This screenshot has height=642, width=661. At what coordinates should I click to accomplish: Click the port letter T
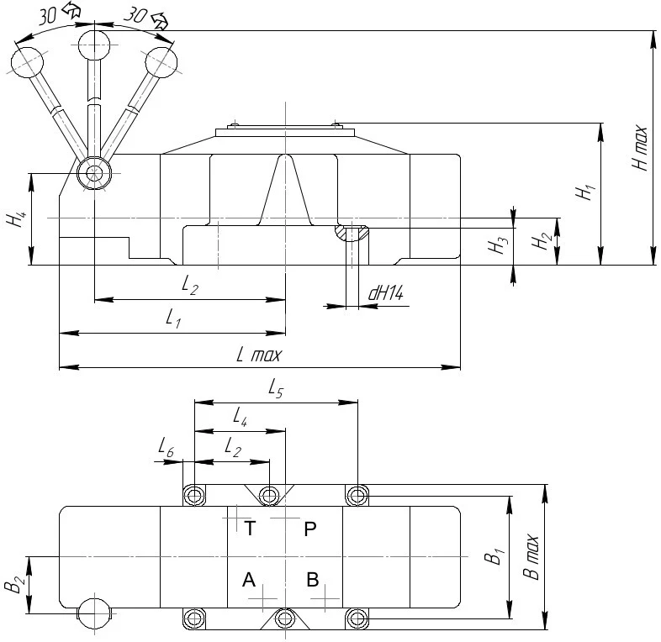[x=250, y=529]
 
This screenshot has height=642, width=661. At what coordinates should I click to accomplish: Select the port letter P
[x=310, y=529]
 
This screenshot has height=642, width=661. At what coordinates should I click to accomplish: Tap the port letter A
[x=248, y=580]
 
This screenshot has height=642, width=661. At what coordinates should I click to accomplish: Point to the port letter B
[x=312, y=579]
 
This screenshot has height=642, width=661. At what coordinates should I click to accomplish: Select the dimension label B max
[x=530, y=557]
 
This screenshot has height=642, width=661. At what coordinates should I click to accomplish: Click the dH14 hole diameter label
[x=386, y=293]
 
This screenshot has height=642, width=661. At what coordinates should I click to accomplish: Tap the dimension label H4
[x=14, y=220]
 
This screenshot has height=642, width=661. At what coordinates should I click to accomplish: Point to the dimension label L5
[x=275, y=388]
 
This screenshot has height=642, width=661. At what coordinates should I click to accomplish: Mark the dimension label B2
[x=13, y=584]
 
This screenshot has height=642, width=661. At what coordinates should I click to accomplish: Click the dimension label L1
[x=173, y=319]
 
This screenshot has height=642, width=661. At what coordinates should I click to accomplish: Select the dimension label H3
[x=500, y=246]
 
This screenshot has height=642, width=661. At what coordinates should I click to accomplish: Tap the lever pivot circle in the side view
[x=93, y=175]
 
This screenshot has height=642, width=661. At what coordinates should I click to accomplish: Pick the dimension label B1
[x=496, y=556]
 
